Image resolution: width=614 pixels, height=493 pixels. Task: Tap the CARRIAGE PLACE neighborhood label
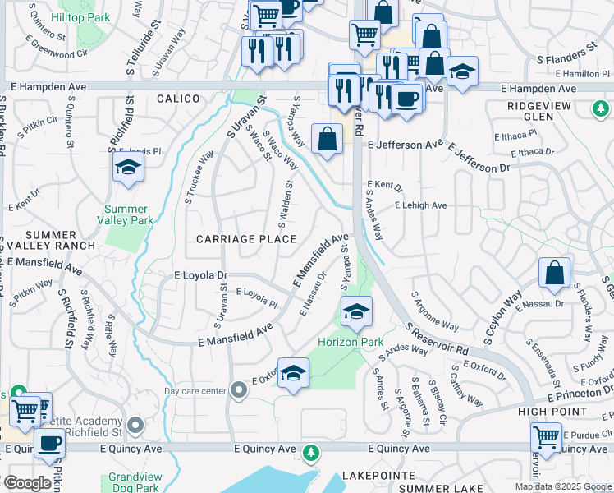click(x=246, y=239)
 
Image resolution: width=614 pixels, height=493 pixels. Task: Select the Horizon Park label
click(x=351, y=341)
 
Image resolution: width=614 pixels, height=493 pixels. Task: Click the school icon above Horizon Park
click(x=356, y=312)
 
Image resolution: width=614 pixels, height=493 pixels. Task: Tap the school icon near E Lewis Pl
click(x=128, y=169)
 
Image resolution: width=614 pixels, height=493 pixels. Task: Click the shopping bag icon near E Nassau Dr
click(x=554, y=274)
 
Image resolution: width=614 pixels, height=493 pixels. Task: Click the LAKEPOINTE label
click(x=374, y=476)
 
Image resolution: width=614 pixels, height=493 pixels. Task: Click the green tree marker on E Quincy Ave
click(x=310, y=453)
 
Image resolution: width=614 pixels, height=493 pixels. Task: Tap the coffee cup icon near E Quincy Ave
click(x=49, y=445)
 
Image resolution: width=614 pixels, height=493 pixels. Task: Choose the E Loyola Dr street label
click(x=200, y=277)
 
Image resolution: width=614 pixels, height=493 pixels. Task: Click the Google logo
click(x=27, y=483)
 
